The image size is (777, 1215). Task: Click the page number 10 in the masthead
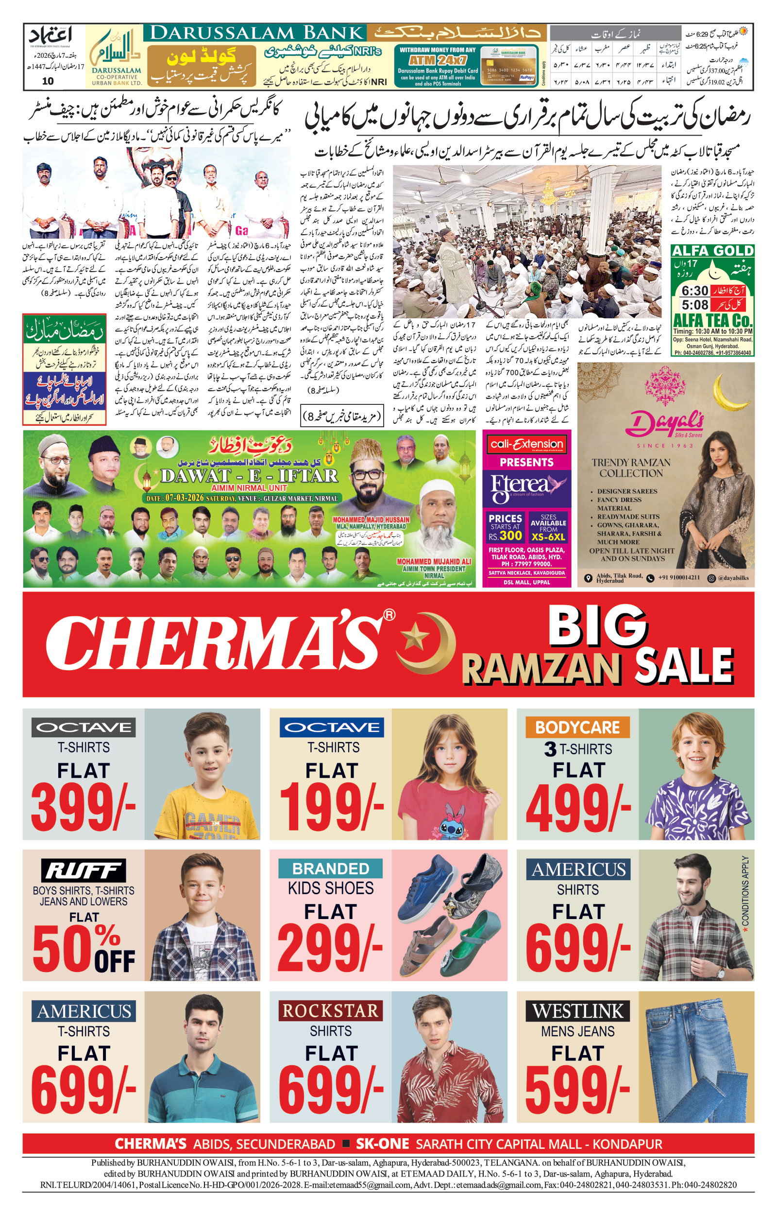pos(48,81)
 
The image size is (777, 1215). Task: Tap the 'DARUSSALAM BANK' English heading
pos(256,34)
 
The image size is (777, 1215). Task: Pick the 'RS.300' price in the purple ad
pos(505,536)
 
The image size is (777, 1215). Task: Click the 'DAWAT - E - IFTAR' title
pos(249,475)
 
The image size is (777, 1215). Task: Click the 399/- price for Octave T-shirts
pos(83,808)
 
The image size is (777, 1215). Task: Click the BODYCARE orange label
pos(577,728)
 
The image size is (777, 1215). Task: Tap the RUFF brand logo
pos(83,871)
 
